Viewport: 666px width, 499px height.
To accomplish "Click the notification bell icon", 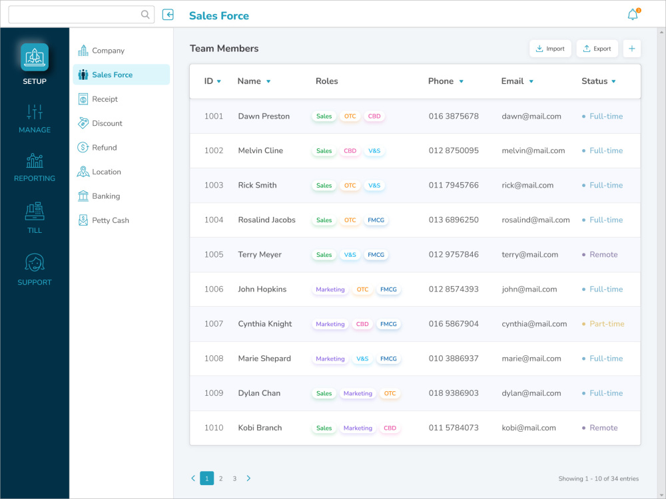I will (633, 15).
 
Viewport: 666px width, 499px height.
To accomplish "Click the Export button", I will (597, 49).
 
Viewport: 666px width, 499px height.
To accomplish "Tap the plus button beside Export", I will (632, 49).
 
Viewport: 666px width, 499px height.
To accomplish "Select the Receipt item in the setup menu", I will (105, 99).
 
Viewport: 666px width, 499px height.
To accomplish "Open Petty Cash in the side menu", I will (110, 220).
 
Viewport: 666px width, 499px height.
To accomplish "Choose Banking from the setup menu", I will (106, 196).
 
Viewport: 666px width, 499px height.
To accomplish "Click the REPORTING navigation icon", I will (35, 161).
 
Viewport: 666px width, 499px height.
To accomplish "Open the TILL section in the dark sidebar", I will (35, 212).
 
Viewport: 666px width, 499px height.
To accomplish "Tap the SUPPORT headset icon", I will (35, 263).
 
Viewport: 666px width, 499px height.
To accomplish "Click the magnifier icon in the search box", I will (145, 15).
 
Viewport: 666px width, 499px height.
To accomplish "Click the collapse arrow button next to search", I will (168, 15).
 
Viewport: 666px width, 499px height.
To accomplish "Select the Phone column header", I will (441, 81).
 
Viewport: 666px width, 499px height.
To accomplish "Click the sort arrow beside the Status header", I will (613, 82).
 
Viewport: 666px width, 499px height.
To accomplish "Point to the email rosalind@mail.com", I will (535, 220).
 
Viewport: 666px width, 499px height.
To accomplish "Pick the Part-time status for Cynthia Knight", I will (607, 324).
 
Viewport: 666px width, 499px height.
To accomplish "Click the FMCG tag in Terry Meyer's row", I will (376, 255).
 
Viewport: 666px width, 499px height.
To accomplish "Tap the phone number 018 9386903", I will (454, 393).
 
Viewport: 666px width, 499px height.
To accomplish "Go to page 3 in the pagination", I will (234, 478).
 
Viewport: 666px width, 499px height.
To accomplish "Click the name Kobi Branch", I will (260, 428).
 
